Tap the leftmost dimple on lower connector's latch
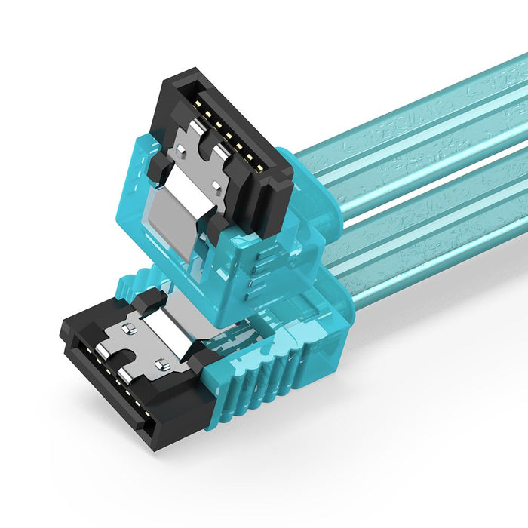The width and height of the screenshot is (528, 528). [126, 329]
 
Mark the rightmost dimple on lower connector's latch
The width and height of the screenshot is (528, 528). [160, 365]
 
